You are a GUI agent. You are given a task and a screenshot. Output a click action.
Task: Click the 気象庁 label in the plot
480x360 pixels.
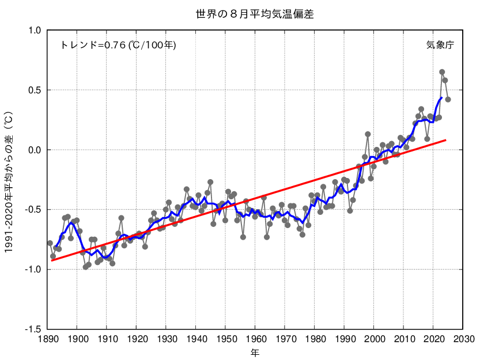(440, 45)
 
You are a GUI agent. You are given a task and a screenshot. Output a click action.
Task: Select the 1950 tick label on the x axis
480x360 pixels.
(225, 339)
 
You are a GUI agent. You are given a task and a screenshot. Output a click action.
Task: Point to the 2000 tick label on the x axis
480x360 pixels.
(374, 339)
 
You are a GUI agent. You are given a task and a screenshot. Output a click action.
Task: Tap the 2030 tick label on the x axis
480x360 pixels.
(463, 339)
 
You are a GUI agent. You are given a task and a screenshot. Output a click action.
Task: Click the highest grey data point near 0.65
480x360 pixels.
(442, 72)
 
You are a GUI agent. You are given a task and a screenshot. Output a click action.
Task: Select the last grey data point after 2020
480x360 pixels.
(448, 100)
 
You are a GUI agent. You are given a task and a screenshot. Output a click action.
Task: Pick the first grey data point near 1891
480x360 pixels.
(50, 243)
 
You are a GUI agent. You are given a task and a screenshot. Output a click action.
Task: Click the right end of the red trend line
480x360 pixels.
(445, 140)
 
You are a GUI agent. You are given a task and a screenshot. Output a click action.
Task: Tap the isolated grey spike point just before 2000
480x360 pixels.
(368, 134)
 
